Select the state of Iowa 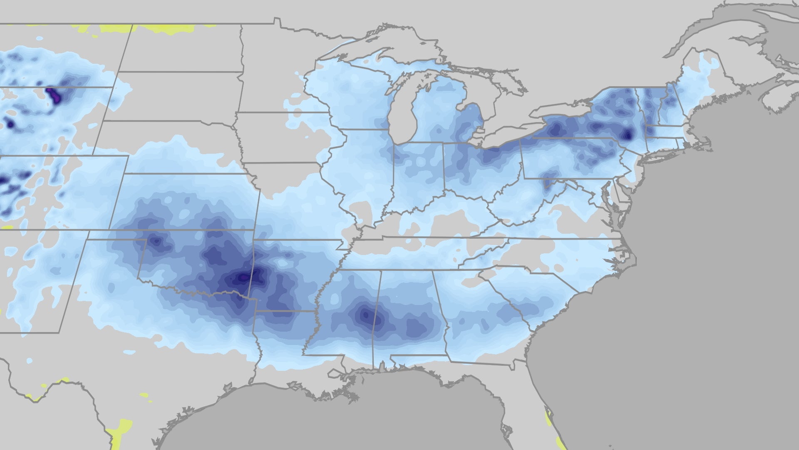point(283,137)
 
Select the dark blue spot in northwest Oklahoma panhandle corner point(156,241)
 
